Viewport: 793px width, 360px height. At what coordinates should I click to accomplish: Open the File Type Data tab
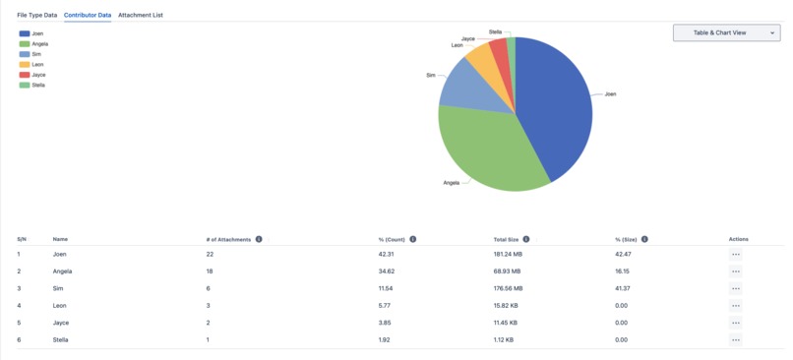[x=36, y=16]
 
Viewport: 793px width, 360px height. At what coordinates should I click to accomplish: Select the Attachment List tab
[x=141, y=16]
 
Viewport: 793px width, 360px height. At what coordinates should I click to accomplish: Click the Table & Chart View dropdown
[x=726, y=32]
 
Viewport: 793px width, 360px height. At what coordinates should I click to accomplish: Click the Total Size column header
[x=507, y=239]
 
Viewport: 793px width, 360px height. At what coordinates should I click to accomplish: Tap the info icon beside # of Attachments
[x=259, y=239]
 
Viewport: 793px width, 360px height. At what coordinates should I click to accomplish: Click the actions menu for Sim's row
[x=736, y=288]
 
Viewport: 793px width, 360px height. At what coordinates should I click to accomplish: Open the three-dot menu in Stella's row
[x=736, y=340]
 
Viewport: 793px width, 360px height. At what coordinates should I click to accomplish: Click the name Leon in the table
[x=60, y=306]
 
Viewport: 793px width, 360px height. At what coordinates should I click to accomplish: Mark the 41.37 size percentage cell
[x=623, y=288]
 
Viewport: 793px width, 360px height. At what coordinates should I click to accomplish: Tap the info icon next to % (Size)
[x=644, y=239]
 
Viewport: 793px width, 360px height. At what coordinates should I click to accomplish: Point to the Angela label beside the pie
[x=452, y=183]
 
